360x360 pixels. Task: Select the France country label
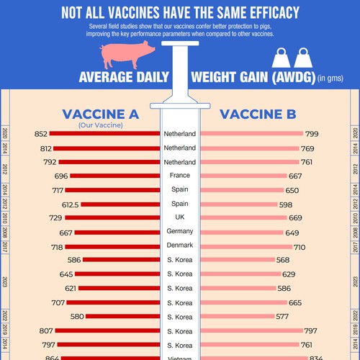179,176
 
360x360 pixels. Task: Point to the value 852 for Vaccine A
40,134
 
